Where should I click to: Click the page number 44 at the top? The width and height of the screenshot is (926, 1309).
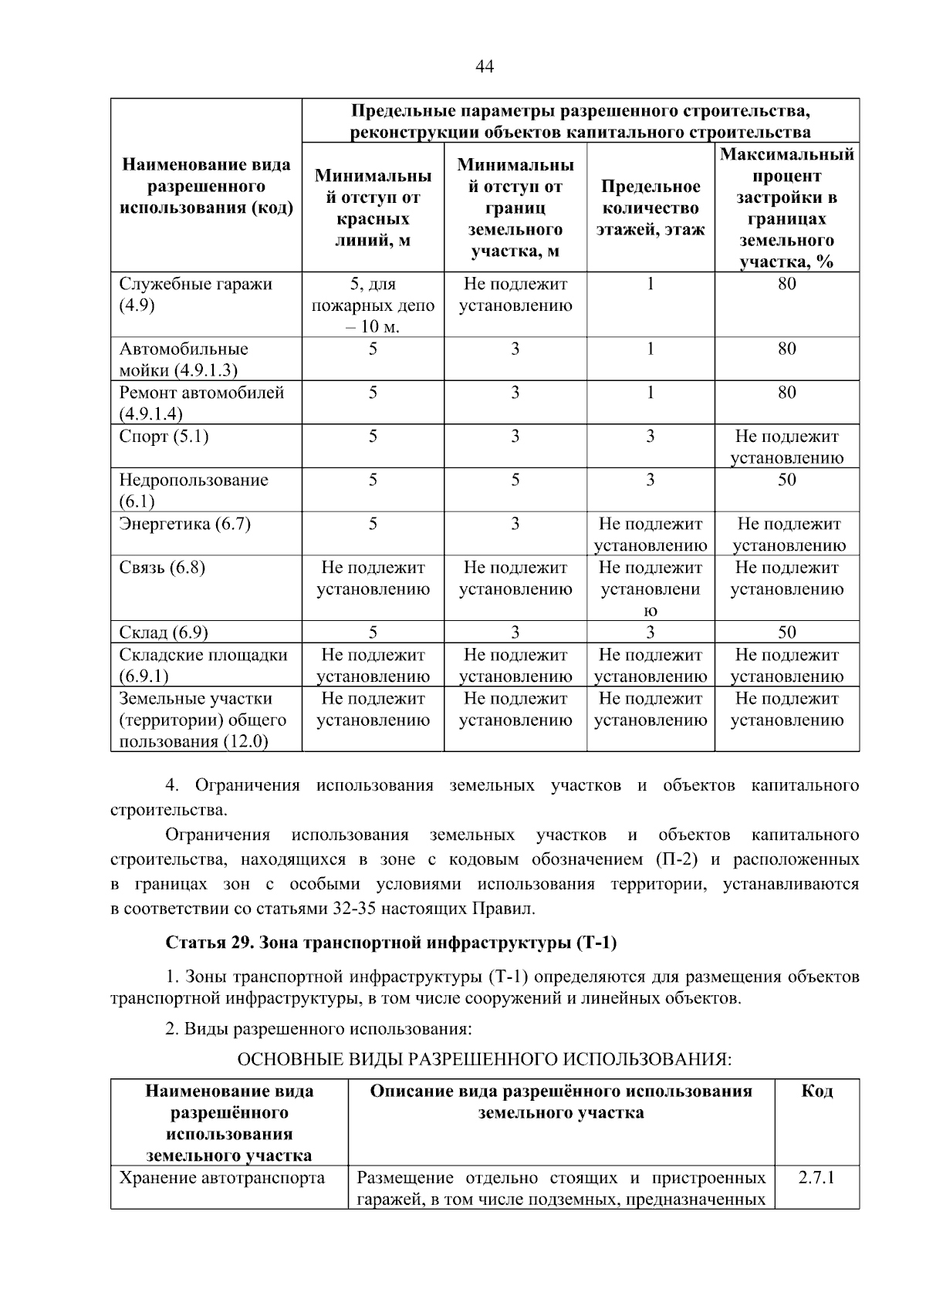485,66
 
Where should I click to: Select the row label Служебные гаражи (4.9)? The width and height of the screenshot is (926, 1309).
196,294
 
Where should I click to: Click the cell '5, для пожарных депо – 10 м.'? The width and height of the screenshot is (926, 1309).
373,305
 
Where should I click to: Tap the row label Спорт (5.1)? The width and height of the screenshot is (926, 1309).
164,437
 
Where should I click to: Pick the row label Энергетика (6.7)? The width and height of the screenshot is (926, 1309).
184,525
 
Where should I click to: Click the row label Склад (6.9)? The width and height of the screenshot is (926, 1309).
164,633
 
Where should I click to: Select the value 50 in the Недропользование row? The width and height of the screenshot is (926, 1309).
786,480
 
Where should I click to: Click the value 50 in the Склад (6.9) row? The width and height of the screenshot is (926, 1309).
786,633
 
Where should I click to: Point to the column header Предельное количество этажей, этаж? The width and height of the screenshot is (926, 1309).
651,208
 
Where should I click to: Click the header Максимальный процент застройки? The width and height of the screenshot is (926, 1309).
786,208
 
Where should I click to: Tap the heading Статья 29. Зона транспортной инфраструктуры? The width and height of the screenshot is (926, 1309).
391,943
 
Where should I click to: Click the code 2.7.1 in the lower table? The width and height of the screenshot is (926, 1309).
816,1178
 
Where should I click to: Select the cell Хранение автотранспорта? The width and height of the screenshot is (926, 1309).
222,1178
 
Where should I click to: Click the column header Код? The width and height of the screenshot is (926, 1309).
816,1091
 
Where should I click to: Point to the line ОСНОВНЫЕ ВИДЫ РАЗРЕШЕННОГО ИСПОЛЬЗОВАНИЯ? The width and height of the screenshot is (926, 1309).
484,1058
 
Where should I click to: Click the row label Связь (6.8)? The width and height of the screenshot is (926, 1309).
162,568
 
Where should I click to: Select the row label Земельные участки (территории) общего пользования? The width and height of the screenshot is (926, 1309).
202,720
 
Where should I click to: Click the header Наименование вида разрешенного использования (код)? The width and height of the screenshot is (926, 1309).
207,187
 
